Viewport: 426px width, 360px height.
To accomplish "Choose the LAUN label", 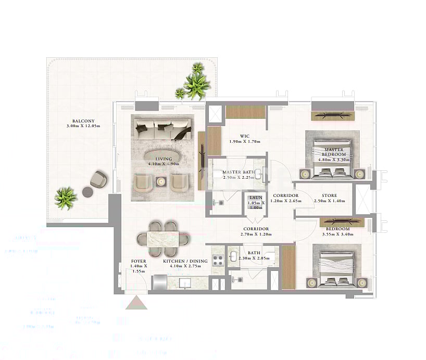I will [255, 197].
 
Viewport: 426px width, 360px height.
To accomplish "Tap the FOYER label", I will [139, 260].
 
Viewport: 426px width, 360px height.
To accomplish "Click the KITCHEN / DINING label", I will [185, 260].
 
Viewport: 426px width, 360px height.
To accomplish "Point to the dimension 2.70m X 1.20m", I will [256, 234].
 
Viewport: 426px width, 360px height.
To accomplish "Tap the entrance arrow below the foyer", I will [137, 302].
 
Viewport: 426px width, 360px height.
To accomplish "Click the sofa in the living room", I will [162, 128].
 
